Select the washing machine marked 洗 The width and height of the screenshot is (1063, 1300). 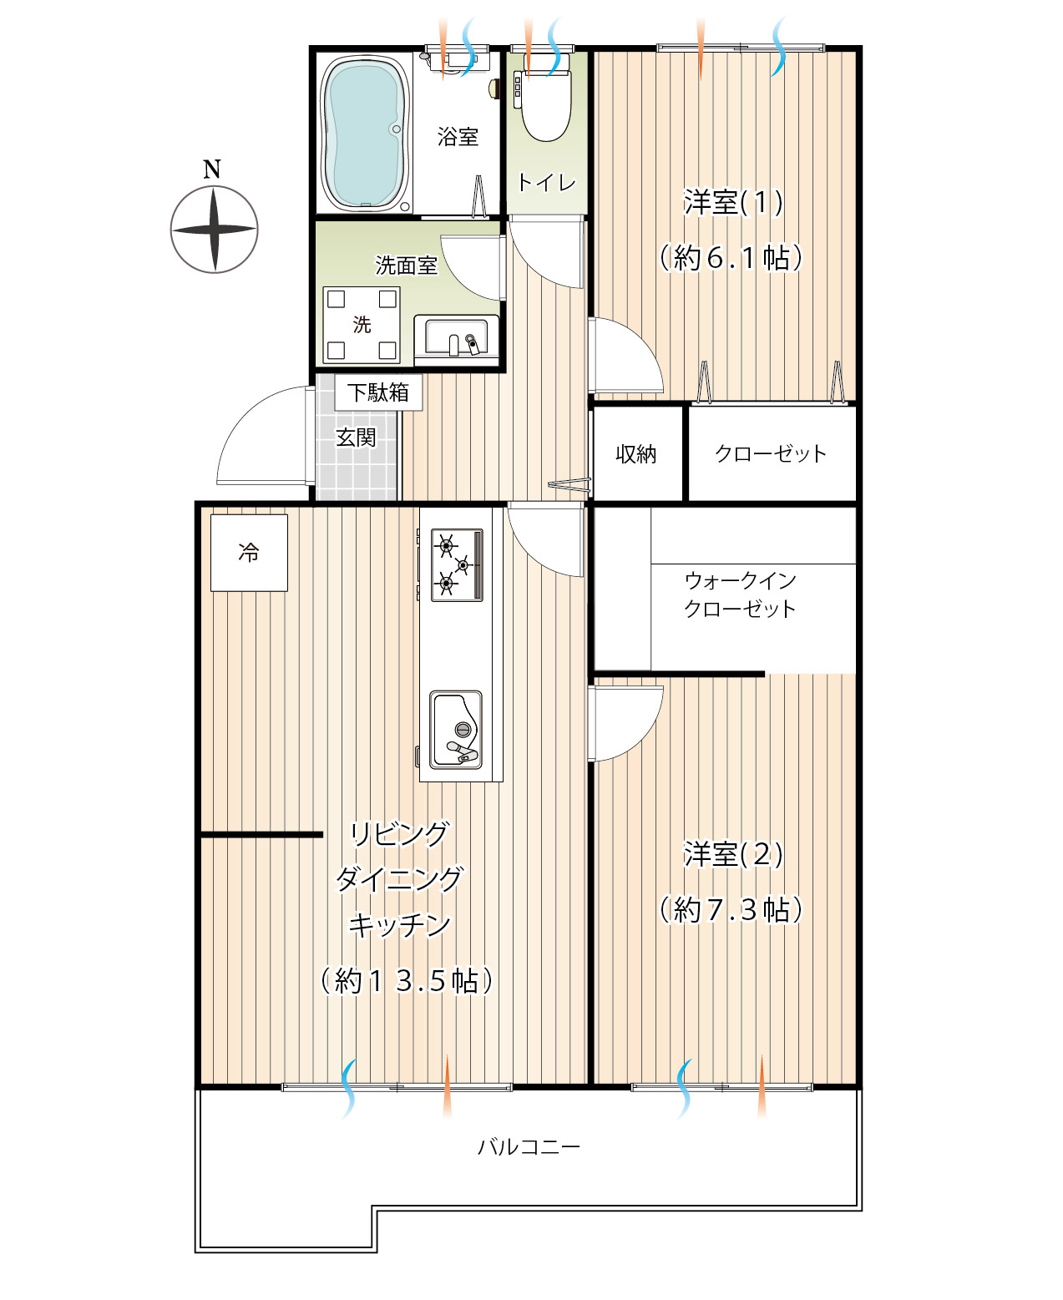tap(362, 325)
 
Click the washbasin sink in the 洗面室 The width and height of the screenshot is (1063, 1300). tap(456, 336)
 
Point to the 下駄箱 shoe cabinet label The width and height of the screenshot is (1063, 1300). tap(378, 392)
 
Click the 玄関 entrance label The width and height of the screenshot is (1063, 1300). tap(356, 438)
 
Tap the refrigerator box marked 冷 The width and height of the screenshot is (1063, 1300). tap(249, 552)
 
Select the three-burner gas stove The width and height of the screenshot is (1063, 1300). tap(456, 564)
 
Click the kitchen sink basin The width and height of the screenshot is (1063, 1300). tap(456, 730)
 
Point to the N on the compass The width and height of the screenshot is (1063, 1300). tap(212, 169)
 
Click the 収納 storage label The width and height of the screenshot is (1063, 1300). tap(635, 454)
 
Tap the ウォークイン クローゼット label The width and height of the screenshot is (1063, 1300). tap(741, 594)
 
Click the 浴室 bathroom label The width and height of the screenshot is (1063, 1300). tap(458, 136)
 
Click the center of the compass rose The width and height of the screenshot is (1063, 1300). tap(214, 230)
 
